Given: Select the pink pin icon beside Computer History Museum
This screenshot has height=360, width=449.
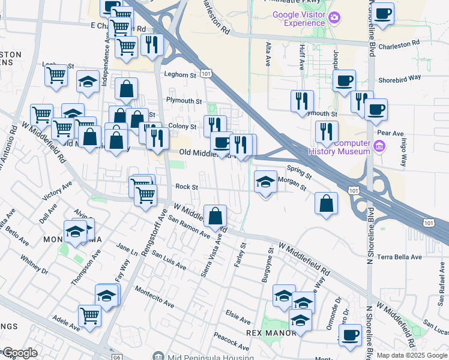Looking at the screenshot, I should coord(379,146).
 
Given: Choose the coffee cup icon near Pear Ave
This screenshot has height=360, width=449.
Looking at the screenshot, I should coord(376,109).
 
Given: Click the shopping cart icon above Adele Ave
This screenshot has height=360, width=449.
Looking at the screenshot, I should coord(90,314).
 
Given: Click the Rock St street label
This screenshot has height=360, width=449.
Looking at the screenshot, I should coord(186,187).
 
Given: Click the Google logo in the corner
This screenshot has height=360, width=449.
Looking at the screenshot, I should coord(20,353).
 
